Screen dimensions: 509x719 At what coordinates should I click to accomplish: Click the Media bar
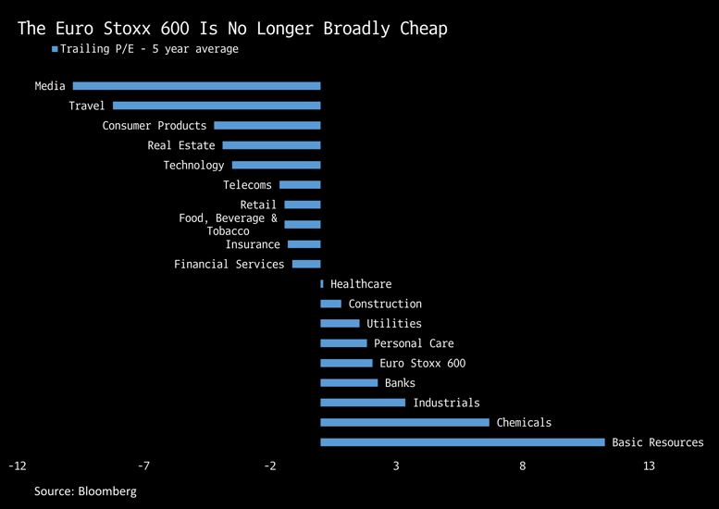196,86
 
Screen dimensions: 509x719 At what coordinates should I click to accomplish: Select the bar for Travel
217,106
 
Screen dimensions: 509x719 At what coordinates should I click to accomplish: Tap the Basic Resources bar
463,442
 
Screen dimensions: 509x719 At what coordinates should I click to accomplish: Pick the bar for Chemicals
404,422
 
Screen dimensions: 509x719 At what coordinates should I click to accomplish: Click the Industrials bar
363,403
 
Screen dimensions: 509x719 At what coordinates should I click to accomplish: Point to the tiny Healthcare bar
322,284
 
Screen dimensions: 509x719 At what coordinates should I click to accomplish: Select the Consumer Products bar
267,126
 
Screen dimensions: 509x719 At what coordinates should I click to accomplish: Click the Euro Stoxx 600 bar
346,364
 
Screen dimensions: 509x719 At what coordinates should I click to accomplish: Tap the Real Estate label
180,145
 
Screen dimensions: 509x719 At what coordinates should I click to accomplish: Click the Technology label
193,165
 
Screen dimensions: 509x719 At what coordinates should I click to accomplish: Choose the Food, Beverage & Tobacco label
228,225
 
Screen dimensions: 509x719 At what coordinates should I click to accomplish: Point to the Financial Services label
229,265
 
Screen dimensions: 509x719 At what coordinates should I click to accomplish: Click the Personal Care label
414,343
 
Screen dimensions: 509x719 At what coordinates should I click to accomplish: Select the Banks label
400,383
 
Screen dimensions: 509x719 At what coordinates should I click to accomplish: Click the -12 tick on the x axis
18,466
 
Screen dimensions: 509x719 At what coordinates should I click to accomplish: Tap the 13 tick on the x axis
649,466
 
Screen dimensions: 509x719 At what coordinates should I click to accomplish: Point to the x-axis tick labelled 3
396,466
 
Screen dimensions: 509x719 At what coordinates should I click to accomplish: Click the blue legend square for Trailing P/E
55,49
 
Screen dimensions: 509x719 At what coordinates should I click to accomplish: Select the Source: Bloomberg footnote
85,491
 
